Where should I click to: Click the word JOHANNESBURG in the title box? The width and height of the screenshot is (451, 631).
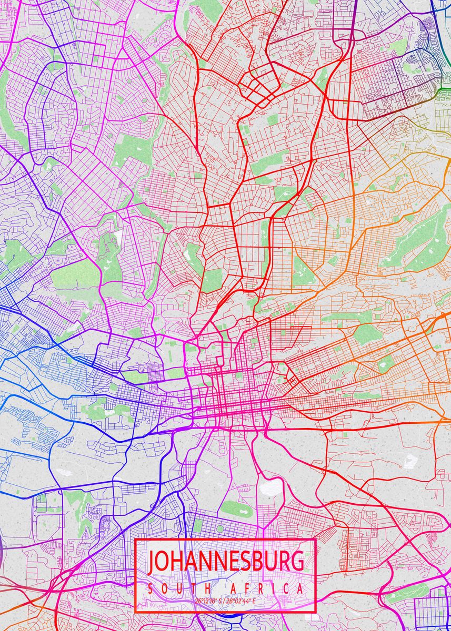click(226, 562)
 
